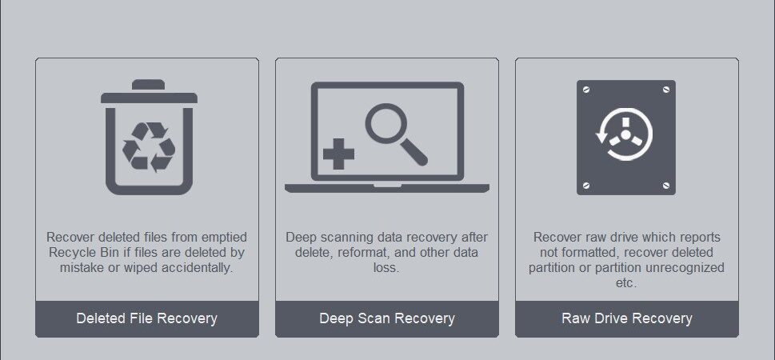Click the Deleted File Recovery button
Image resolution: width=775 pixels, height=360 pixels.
(x=147, y=318)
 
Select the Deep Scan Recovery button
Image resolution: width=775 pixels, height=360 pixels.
(x=387, y=318)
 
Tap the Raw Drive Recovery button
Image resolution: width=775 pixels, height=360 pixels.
(x=627, y=318)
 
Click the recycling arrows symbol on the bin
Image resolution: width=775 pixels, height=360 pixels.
(x=149, y=147)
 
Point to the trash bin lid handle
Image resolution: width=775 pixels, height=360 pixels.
(x=148, y=85)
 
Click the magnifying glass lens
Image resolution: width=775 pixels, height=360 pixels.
(x=386, y=123)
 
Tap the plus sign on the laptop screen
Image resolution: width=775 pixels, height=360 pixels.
(x=338, y=154)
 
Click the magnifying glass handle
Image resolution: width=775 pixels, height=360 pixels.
(x=414, y=152)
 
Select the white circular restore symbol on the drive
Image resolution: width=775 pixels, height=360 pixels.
(x=625, y=134)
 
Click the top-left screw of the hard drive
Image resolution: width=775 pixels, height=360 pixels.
(x=586, y=90)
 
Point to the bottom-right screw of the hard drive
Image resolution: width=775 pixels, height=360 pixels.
(x=665, y=186)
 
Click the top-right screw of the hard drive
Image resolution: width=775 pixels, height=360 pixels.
(x=665, y=90)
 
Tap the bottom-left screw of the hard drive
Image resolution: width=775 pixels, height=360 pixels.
(x=586, y=186)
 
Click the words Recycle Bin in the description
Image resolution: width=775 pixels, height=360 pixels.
(x=79, y=253)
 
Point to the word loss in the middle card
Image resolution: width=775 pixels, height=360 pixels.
(x=386, y=268)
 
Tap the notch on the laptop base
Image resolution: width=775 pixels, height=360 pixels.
(x=387, y=186)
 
